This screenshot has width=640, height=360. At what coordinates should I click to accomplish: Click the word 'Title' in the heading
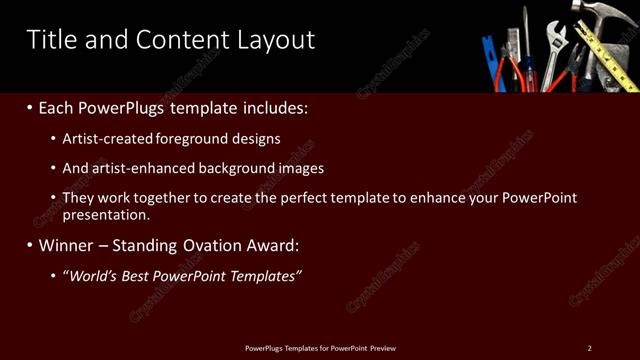[49, 40]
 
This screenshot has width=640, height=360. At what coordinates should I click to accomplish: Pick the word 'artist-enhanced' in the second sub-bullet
[143, 168]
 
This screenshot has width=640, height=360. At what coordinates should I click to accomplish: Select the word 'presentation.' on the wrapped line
[106, 214]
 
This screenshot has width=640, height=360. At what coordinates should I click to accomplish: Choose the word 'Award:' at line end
[272, 245]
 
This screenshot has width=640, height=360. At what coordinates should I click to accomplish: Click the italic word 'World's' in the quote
[96, 276]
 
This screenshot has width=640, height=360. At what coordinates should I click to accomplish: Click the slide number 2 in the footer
[589, 348]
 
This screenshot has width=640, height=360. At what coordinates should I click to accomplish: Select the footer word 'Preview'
[383, 348]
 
